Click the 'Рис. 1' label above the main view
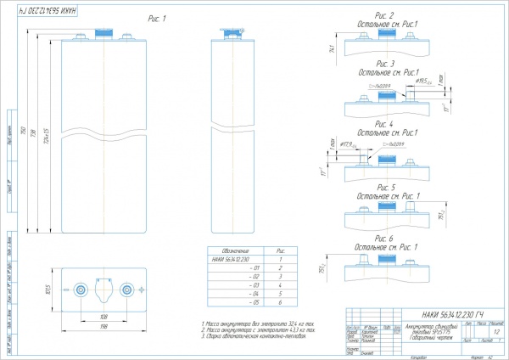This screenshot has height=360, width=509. click(x=156, y=19)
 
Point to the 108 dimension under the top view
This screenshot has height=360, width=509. click(x=103, y=317)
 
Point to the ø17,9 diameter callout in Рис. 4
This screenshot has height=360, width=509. click(x=345, y=145)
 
